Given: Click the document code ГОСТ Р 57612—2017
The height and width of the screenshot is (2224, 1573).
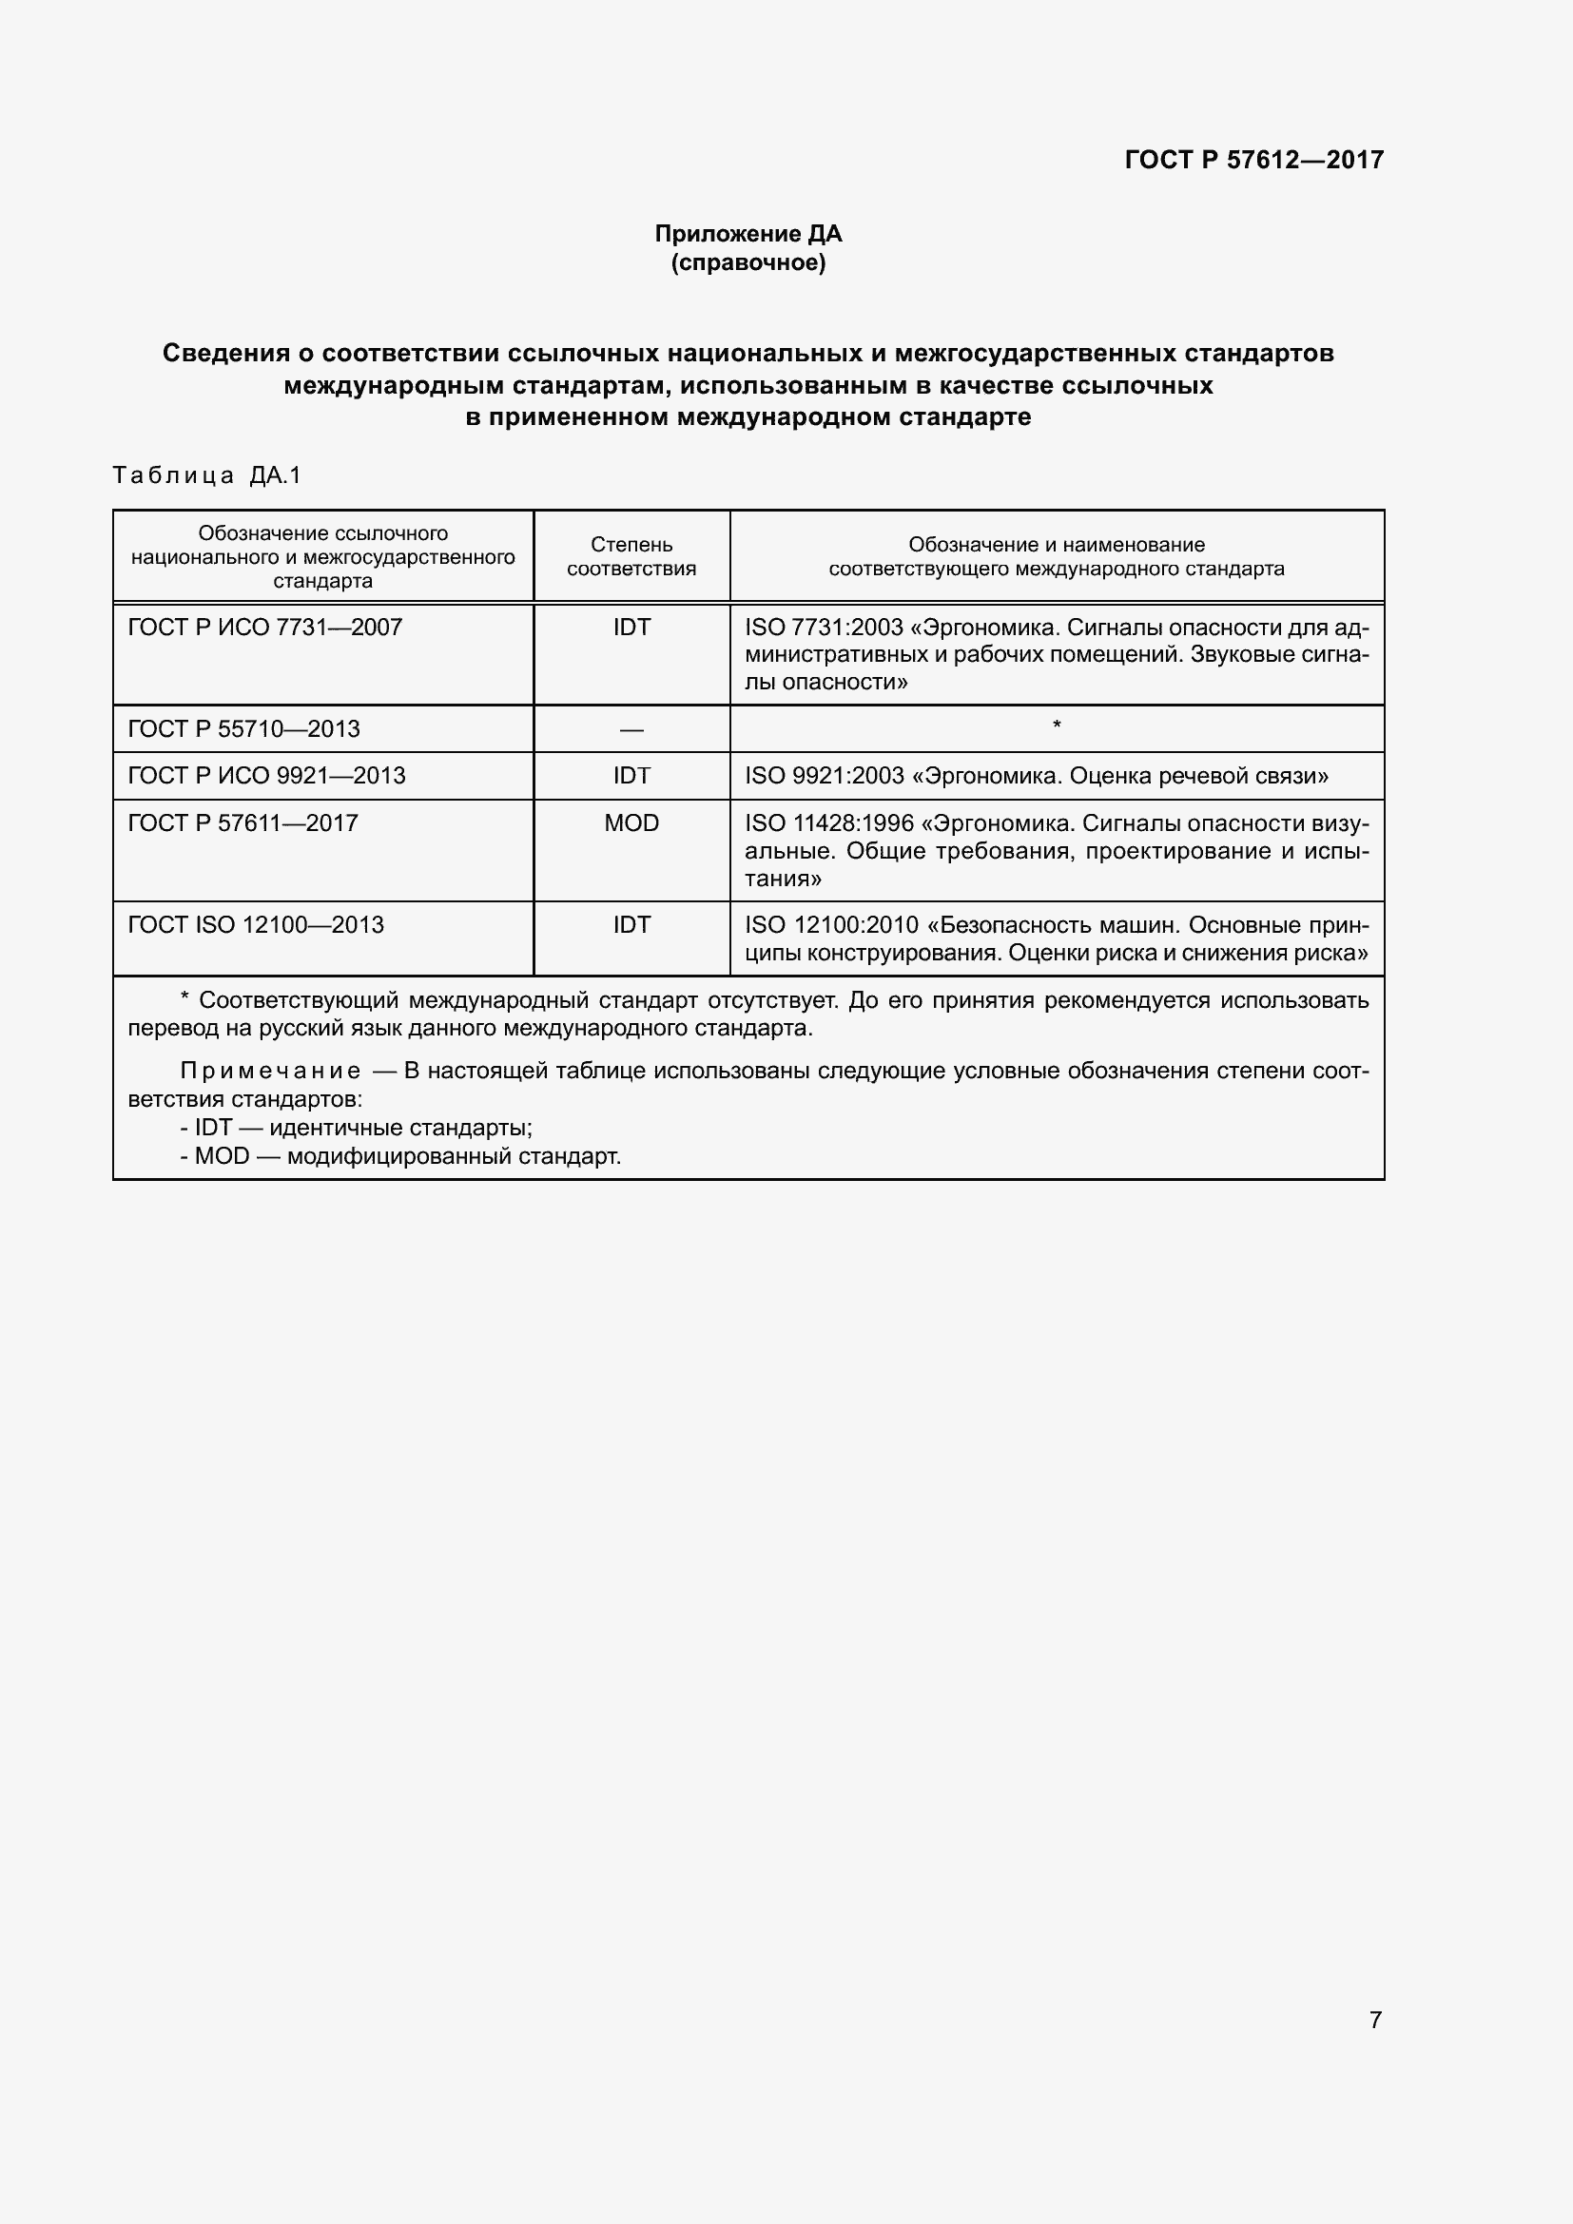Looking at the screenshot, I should pos(1253,160).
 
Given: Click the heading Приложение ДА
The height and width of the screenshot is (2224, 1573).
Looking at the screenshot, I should pos(748,234).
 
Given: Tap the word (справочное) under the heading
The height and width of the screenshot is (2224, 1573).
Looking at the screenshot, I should pos(748,262).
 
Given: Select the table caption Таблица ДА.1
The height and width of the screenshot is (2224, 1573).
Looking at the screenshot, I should pos(207,475).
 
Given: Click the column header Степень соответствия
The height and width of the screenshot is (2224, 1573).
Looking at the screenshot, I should pos(631,557).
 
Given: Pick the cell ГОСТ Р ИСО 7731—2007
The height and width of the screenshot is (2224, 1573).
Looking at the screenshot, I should pos(264,628).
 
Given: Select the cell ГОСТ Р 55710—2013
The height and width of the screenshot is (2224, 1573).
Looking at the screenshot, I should pos(244,728).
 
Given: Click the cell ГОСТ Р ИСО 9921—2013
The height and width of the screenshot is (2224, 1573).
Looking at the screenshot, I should pos(266,776).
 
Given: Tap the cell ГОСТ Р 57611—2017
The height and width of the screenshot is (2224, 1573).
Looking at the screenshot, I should pos(243,823).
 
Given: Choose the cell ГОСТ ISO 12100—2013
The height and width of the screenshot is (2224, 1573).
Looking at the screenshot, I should pos(256,925).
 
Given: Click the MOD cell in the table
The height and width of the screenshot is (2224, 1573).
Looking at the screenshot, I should pos(631,823).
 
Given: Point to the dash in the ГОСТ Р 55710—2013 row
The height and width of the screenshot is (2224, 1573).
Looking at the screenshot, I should pos(631,728).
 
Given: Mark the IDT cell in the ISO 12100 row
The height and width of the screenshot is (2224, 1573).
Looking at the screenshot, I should pos(631,925).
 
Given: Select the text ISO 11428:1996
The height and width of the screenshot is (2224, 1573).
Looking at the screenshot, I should pos(829,823).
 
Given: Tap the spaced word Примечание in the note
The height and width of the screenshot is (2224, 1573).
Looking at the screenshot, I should pos(270,1072).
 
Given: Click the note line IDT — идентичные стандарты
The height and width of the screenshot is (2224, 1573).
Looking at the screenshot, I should pos(357,1128).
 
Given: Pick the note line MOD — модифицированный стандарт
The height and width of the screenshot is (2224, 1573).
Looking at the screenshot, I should pos(400,1155).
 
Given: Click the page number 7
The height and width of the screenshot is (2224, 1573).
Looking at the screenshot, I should pos(1375,2020).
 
